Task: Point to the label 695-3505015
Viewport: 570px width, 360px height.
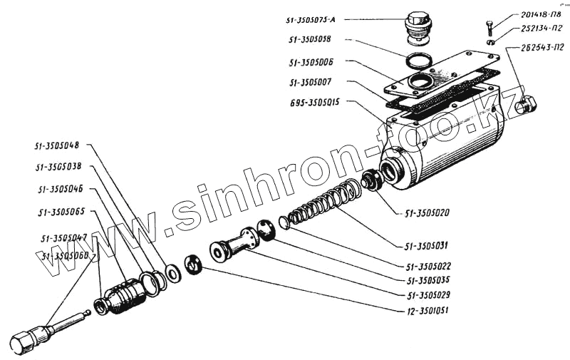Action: tap(316, 102)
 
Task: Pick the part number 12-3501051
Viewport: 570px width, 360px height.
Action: tap(423, 311)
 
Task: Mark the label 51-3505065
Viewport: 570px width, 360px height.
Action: tap(61, 212)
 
